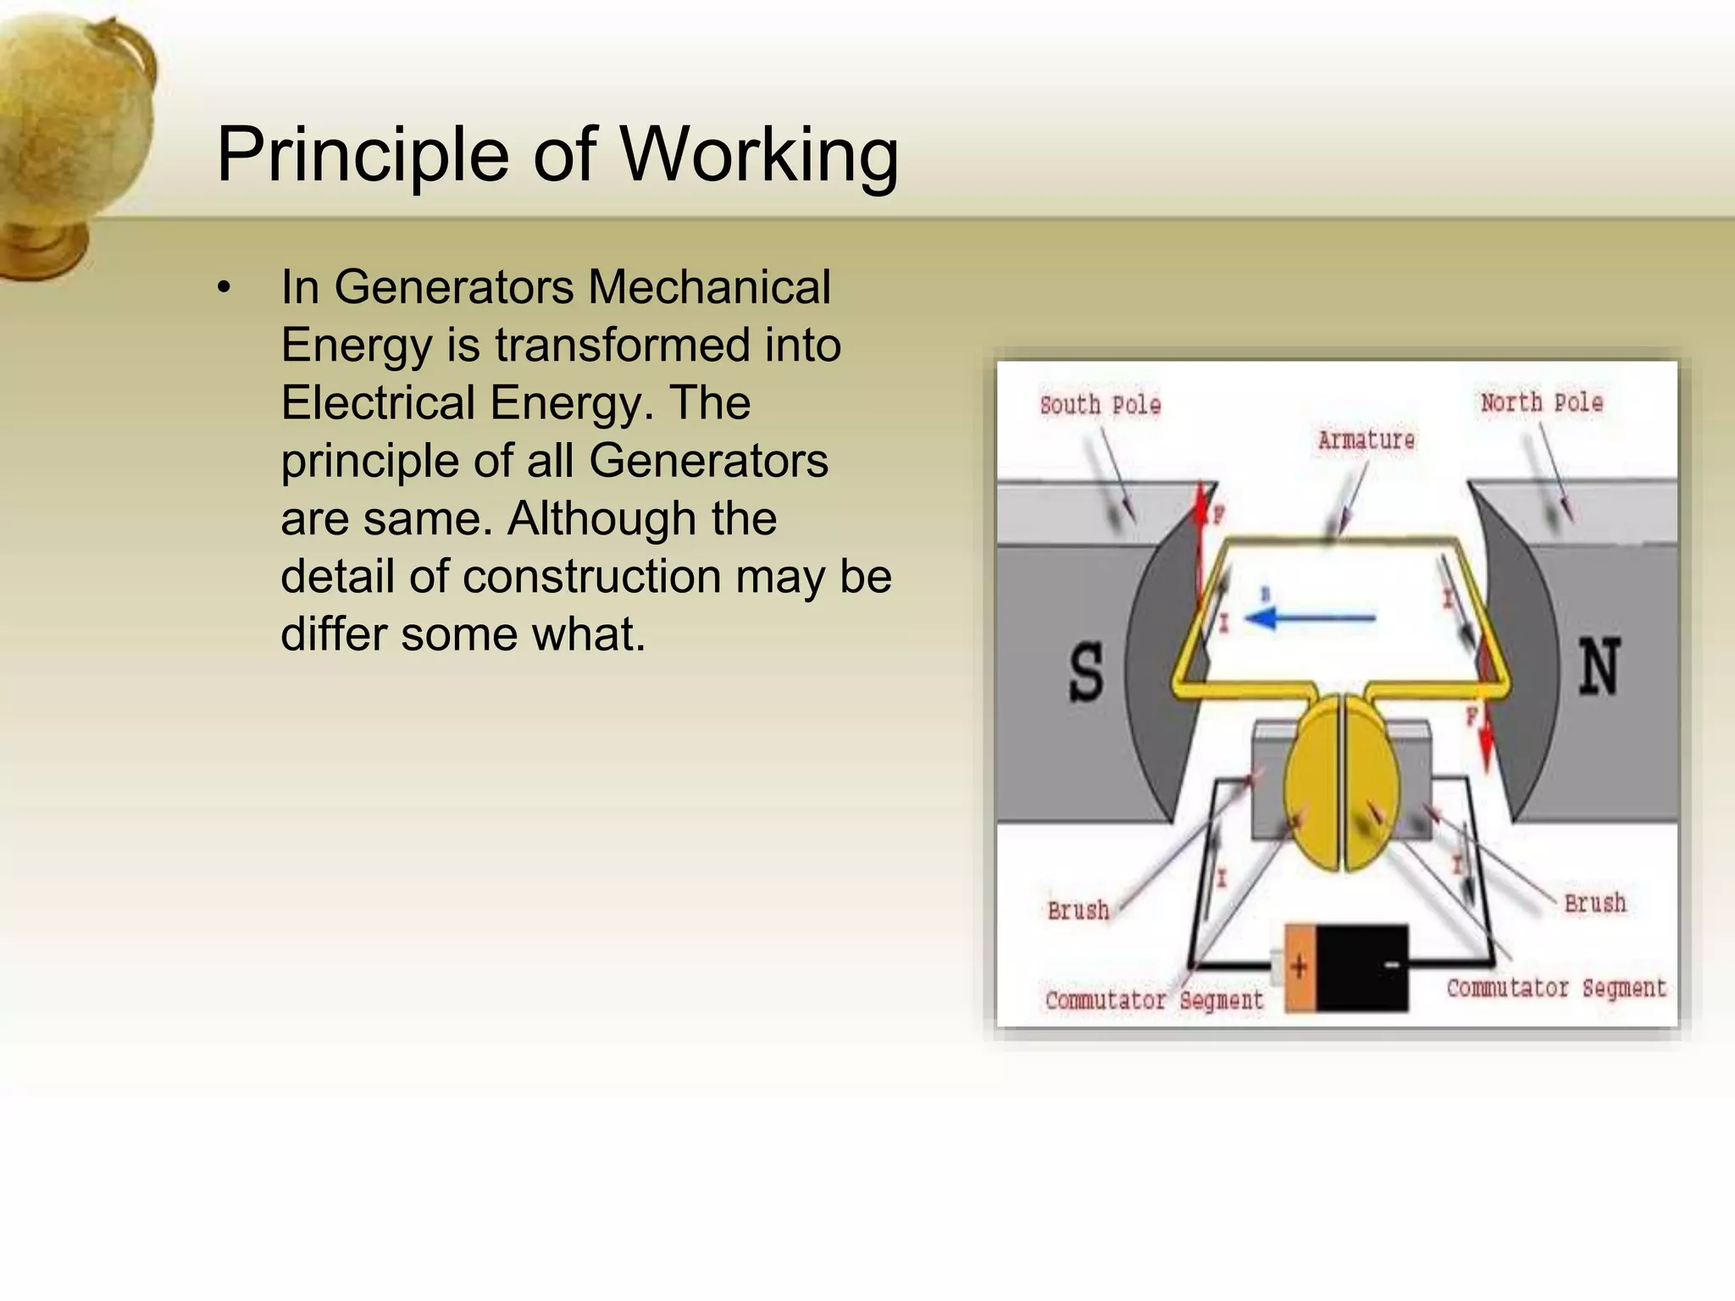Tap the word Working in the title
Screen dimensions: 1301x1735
(x=760, y=156)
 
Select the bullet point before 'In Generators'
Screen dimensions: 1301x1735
(x=224, y=288)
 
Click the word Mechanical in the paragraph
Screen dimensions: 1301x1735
(x=709, y=287)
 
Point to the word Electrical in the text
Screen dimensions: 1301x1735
(x=378, y=402)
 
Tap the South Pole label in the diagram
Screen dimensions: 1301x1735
(x=1100, y=405)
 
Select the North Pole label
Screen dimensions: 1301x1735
(x=1541, y=402)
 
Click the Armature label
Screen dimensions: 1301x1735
(x=1366, y=440)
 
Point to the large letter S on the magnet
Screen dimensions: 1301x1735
(x=1086, y=671)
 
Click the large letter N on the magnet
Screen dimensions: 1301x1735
(x=1598, y=667)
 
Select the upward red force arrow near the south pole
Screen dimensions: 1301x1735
(x=1200, y=542)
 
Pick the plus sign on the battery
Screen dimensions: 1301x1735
(x=1300, y=966)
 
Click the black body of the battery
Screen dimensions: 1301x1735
(x=1361, y=967)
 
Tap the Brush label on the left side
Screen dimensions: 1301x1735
(x=1078, y=911)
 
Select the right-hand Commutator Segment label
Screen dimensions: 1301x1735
(x=1555, y=988)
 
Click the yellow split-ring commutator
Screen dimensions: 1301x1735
(x=1341, y=783)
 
